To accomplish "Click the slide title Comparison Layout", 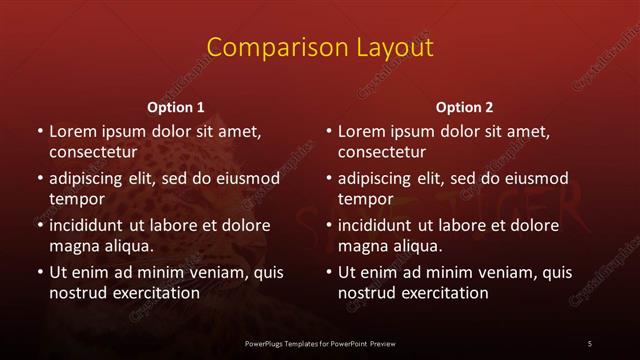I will tap(319, 47).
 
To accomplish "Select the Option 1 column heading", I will tap(176, 106).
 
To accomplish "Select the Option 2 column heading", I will tap(464, 106).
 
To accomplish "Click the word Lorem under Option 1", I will tap(73, 131).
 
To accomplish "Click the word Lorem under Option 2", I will tap(362, 131).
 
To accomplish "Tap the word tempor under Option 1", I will tap(76, 199).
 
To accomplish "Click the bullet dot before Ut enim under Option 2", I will tap(329, 271).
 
